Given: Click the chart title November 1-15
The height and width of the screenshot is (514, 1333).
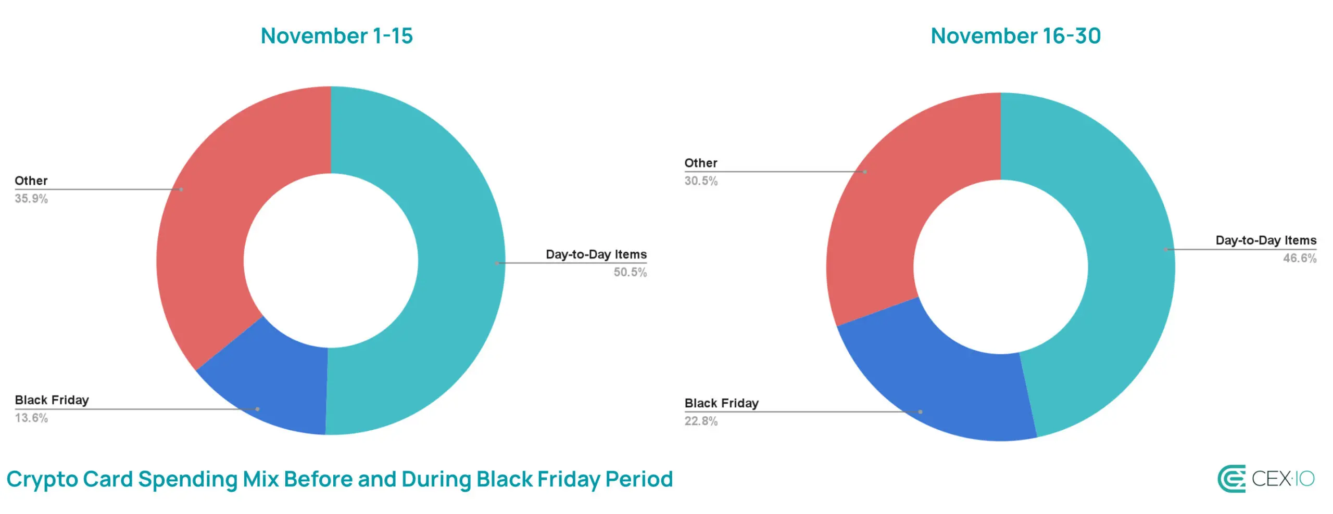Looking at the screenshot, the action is [x=336, y=36].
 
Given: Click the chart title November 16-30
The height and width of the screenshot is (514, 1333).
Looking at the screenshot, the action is [x=1015, y=36].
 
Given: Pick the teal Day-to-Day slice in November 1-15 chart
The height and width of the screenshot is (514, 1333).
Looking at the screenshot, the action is [x=458, y=260].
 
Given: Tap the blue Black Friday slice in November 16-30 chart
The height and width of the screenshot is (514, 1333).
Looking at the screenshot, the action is [x=937, y=385].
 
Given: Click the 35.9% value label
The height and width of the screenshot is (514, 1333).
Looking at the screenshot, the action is [x=31, y=199].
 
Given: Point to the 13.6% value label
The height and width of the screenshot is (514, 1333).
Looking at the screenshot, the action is [x=31, y=418].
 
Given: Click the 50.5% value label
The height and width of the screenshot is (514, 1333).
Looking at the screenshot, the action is [x=630, y=272].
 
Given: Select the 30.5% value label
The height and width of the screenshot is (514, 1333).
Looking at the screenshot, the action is [x=701, y=181].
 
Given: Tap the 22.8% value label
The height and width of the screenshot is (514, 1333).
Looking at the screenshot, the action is [x=701, y=421].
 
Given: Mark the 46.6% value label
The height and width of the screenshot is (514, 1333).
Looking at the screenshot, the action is [x=1300, y=258].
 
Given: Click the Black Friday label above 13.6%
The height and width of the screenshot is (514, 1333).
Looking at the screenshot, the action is [x=52, y=400].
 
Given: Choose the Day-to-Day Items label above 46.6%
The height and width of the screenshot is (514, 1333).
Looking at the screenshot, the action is [x=1266, y=240].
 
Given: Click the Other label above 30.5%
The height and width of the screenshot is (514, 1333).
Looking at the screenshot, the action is [x=701, y=163].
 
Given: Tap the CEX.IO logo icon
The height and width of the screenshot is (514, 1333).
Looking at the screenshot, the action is [x=1231, y=479].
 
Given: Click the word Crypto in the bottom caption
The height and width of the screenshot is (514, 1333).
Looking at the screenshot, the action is [x=42, y=480].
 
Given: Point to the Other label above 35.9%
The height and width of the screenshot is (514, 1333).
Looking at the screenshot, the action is [x=31, y=181].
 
